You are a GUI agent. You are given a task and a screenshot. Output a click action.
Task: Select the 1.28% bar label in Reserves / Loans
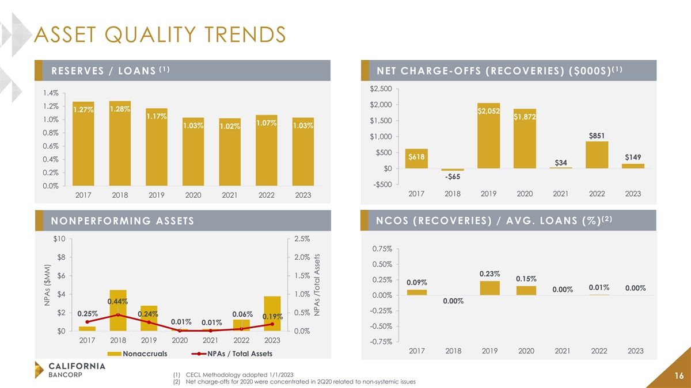pyautogui.click(x=119, y=109)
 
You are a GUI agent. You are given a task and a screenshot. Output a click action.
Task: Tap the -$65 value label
pyautogui.click(x=452, y=176)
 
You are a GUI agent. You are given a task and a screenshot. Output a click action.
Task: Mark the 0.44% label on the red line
pyautogui.click(x=117, y=301)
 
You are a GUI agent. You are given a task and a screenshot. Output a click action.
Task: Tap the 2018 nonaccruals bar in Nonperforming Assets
pyautogui.click(x=118, y=310)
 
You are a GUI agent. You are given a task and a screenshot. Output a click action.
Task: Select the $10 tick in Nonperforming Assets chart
pyautogui.click(x=57, y=238)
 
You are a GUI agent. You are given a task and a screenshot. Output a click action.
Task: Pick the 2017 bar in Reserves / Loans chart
pyautogui.click(x=83, y=143)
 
